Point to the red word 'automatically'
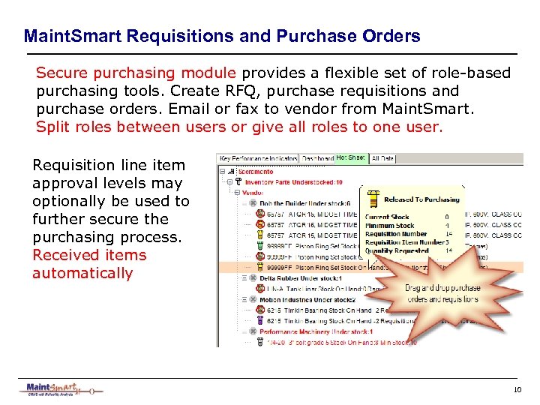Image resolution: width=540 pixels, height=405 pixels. [82, 273]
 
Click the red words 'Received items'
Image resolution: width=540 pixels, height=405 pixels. [89, 255]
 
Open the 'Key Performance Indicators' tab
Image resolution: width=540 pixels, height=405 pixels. [257, 159]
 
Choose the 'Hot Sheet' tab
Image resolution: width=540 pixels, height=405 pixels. [351, 158]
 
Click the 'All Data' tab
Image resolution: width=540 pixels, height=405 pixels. [383, 159]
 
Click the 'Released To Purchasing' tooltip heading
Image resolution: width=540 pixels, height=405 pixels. [421, 199]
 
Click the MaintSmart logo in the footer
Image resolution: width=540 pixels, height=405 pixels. [60, 389]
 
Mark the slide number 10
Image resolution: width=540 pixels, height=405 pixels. [517, 390]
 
